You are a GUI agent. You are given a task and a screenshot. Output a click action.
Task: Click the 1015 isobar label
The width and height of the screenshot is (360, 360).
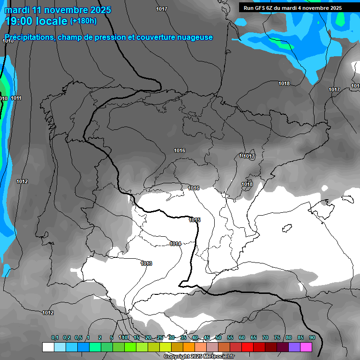pos(195,220)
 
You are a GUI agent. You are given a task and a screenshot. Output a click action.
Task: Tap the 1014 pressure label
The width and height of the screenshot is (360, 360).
pos(175,244)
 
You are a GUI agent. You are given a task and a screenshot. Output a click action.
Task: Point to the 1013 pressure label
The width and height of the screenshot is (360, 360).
pos(146,263)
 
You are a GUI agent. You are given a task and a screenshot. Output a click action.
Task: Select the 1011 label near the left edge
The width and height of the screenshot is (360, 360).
pos(16,98)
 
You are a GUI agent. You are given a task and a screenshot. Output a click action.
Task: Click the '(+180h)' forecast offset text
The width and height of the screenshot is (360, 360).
pos(83,21)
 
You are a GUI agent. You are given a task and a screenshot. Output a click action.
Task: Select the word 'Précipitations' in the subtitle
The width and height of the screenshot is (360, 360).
pos(29,37)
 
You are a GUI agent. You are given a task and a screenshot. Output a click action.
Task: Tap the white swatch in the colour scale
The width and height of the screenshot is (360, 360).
pos(48,347)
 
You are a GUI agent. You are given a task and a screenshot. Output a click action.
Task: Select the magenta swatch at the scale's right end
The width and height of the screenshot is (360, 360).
pos(306,347)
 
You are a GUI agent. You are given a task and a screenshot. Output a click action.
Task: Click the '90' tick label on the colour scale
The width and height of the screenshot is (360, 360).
pos(312,337)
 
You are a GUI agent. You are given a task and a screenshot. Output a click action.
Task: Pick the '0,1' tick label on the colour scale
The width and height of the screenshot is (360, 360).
pos(54,337)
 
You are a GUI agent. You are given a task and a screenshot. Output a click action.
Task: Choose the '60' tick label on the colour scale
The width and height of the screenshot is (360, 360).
pos(242,337)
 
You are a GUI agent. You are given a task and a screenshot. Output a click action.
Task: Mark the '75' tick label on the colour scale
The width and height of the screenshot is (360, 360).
pos(277,337)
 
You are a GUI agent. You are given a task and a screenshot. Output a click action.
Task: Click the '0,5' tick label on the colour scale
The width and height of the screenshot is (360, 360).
pos(78,337)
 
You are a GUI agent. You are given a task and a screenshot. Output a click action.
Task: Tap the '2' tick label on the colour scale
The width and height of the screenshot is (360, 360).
pos(100,337)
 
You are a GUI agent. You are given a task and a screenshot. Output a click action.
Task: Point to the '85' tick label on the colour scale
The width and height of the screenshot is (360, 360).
pos(300,337)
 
